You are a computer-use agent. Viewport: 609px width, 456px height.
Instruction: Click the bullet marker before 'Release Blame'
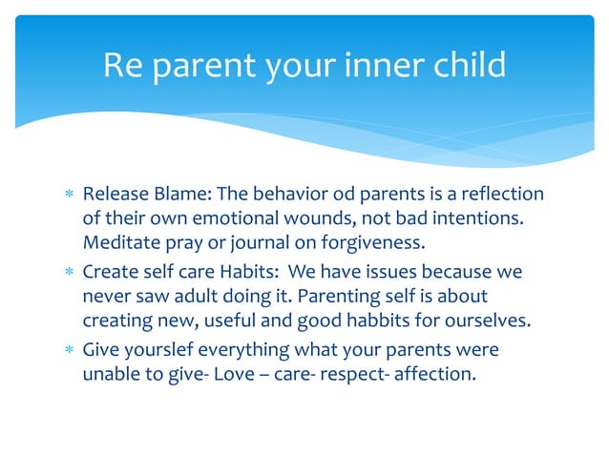point(67,196)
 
